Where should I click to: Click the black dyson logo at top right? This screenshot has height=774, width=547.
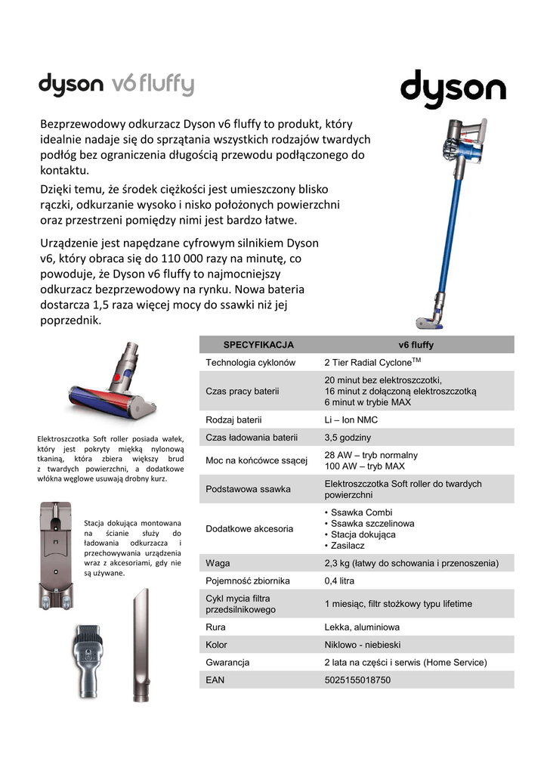453,90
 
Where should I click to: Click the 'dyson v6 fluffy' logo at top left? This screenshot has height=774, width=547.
116,85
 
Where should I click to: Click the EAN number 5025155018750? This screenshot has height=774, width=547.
357,680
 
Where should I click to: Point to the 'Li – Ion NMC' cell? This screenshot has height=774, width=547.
351,420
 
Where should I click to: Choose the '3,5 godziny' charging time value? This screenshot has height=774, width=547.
348,437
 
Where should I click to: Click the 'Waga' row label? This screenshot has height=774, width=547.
218,563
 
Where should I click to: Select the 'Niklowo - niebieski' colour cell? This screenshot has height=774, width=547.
363,645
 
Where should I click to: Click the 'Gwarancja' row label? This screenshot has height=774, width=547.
227,662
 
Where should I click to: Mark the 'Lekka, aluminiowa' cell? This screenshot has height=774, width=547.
362,627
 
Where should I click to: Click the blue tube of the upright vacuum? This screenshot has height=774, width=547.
449,227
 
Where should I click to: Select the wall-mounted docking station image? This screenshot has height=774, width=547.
57,556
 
